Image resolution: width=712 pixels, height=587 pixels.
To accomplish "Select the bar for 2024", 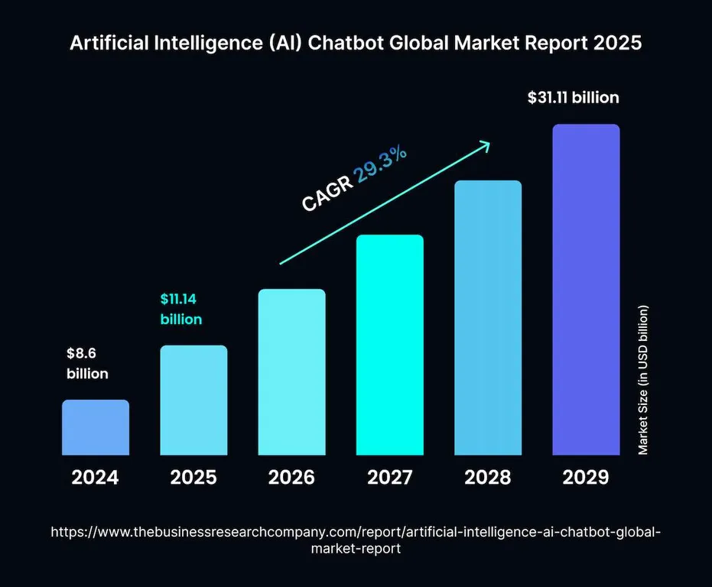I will [x=96, y=427].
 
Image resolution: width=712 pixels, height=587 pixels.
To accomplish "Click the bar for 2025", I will [x=193, y=401].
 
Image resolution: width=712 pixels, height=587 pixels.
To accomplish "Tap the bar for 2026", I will [x=291, y=372].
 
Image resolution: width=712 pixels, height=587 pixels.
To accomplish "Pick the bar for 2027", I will [x=389, y=345].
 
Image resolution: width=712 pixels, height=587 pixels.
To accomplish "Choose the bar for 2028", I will [x=488, y=318].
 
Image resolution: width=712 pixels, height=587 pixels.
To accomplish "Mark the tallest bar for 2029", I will [x=586, y=290].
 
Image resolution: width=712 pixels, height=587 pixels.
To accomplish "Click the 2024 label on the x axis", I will [x=96, y=478].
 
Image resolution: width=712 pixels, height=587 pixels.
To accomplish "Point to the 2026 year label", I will [x=291, y=478].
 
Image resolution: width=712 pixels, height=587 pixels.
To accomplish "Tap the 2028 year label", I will [x=488, y=478].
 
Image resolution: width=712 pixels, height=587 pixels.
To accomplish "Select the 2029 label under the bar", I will [x=586, y=478].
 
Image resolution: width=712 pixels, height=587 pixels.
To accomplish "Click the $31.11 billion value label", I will [x=574, y=98].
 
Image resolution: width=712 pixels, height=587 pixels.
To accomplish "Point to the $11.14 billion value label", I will [x=181, y=309].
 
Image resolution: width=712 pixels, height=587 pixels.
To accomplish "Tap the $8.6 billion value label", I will [x=86, y=364].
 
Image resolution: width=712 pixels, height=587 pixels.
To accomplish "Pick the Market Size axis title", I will [x=643, y=380].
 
